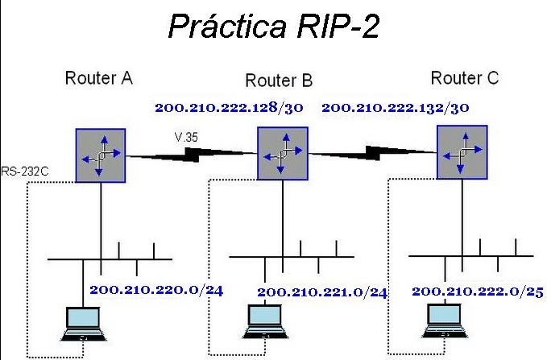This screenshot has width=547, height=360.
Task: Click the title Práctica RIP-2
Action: coord(274,26)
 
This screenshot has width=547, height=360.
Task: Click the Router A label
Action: coord(99,78)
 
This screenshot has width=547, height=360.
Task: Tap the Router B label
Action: coord(279,81)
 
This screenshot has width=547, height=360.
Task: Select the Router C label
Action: coord(465,78)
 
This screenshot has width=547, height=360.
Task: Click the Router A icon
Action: coord(101,155)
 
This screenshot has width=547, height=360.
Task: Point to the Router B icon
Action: coord(283,154)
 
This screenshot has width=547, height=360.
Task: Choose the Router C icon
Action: coord(462,152)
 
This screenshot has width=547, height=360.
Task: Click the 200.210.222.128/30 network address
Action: coord(229,107)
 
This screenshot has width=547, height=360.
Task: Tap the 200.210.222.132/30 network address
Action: coord(396,107)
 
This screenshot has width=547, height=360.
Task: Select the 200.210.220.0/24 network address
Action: coord(156,290)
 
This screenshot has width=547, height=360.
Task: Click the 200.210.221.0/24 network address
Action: coord(322,292)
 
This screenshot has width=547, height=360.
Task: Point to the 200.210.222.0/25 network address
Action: coord(478,292)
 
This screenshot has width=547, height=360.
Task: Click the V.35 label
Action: coord(186,137)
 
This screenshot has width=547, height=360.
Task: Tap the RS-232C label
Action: coord(25,172)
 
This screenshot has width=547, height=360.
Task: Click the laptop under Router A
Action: coord(83,324)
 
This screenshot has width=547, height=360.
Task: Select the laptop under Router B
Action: coord(265,321)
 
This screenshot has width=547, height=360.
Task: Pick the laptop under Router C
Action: coord(445,321)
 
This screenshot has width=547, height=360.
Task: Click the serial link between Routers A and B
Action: coord(192,155)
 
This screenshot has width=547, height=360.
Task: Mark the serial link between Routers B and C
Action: coord(372,153)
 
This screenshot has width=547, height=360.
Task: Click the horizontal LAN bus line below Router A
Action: coord(110,259)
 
